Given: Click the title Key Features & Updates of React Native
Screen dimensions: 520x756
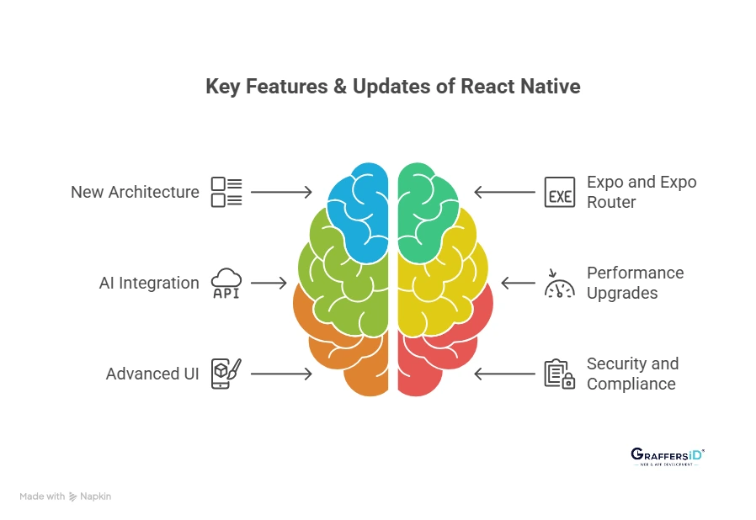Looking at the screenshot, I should click(x=392, y=87).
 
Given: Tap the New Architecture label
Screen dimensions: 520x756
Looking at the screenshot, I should click(x=135, y=192).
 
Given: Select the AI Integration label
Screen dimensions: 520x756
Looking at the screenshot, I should click(x=148, y=283).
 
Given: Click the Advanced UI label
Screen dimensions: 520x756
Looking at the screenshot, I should click(x=152, y=374).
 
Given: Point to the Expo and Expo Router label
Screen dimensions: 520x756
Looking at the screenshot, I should click(x=642, y=192).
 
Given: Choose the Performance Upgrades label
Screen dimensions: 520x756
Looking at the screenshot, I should click(x=635, y=283).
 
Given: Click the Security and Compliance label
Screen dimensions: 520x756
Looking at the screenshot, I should click(x=632, y=374).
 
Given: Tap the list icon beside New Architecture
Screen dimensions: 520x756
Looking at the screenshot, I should click(x=226, y=192).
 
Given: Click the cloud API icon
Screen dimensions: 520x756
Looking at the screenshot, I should click(x=226, y=283).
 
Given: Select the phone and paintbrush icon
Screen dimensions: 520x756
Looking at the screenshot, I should click(x=226, y=374).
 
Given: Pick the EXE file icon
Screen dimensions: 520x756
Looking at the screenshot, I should click(x=559, y=192).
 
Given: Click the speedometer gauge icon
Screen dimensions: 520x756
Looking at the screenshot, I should click(x=559, y=284).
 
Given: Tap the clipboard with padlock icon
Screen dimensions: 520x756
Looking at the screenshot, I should click(x=559, y=374).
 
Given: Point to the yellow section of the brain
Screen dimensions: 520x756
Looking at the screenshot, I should click(x=438, y=286).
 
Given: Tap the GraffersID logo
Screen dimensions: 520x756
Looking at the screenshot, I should click(x=667, y=456).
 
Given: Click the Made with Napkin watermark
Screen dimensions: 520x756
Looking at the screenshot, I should click(x=66, y=496).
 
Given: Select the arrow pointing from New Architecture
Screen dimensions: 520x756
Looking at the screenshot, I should click(x=281, y=192).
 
